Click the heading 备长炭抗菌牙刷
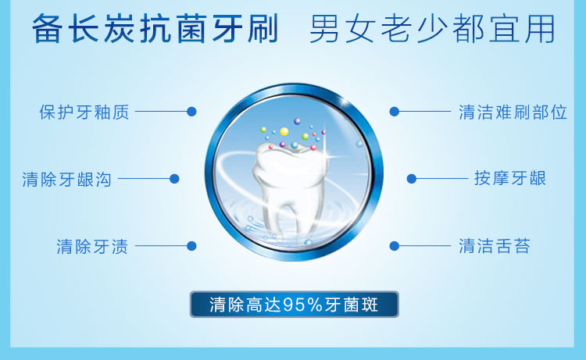[x=155, y=29]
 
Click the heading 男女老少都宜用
[x=432, y=29]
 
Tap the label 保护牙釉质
[x=84, y=112]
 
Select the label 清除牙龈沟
[x=67, y=180]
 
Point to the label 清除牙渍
[x=92, y=247]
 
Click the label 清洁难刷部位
[x=513, y=112]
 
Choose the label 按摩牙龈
[x=510, y=178]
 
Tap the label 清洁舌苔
[x=495, y=247]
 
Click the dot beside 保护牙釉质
[x=191, y=112]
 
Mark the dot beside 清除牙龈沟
[x=174, y=179]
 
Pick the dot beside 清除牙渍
[x=191, y=246]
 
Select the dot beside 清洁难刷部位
[x=395, y=112]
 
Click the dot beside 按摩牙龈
[x=412, y=179]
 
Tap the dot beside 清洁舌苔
[x=395, y=246]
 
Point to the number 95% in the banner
[x=302, y=305]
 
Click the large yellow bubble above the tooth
[x=284, y=131]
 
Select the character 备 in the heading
[x=47, y=29]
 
